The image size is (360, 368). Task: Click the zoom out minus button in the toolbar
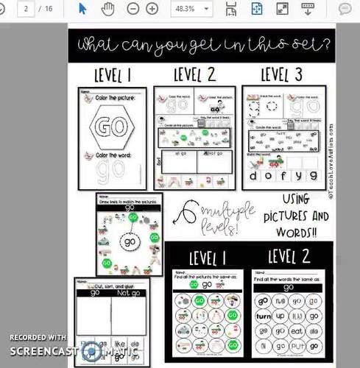coord(133,9)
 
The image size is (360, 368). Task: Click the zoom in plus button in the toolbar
coord(152,9)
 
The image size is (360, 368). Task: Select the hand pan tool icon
coord(107,9)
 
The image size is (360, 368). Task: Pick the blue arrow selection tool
coord(82,9)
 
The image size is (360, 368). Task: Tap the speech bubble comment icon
coord(344,9)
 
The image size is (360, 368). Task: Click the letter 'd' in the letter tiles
coord(255,175)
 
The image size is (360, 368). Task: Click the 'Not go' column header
coord(129,292)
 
